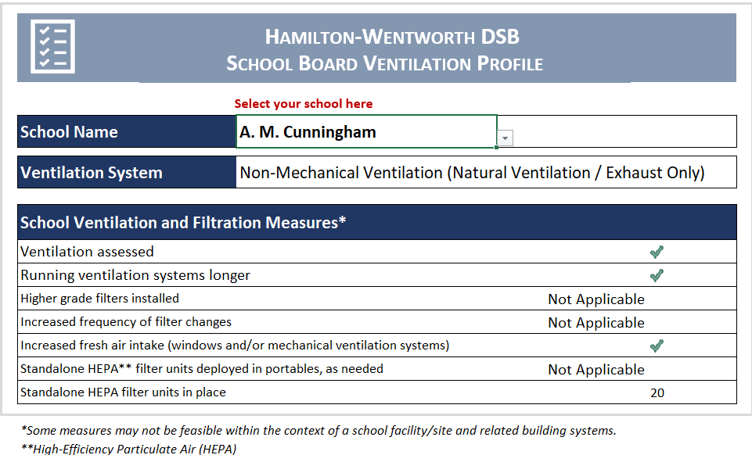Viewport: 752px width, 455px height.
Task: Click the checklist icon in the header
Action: [52, 46]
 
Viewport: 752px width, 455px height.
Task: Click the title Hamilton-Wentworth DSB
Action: [391, 37]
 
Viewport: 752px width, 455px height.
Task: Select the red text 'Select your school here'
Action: [304, 104]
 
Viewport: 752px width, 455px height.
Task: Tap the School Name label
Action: [70, 132]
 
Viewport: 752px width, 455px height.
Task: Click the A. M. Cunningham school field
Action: [365, 132]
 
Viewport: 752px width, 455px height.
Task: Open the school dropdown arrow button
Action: [506, 138]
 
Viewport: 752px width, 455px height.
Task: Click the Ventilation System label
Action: [92, 173]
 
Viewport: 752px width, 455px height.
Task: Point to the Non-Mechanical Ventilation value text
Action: [472, 173]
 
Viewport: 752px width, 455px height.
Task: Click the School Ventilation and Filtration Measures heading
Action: [183, 223]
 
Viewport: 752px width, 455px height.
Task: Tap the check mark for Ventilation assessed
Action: [657, 252]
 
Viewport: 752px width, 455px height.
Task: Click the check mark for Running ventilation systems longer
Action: [657, 275]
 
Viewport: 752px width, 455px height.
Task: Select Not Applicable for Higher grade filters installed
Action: [596, 299]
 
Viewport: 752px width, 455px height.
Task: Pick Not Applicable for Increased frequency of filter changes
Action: [596, 323]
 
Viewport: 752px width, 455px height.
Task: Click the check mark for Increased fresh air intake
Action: [657, 346]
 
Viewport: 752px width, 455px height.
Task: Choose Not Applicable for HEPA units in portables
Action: [596, 370]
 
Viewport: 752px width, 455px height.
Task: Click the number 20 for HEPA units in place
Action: [657, 392]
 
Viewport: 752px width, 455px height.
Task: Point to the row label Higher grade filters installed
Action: [99, 299]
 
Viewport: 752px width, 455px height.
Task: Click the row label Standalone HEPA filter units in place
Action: [123, 392]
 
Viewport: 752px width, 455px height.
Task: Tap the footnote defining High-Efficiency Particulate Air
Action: [128, 449]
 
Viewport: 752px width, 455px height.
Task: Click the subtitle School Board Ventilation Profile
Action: [384, 63]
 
